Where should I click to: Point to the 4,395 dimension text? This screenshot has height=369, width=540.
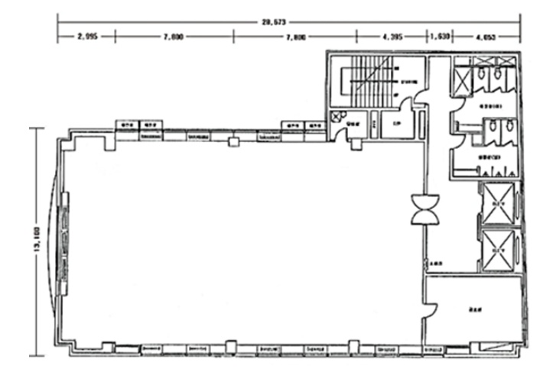click(391, 36)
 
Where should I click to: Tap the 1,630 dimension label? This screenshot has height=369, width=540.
click(439, 36)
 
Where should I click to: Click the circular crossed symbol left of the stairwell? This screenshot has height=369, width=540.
click(337, 116)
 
